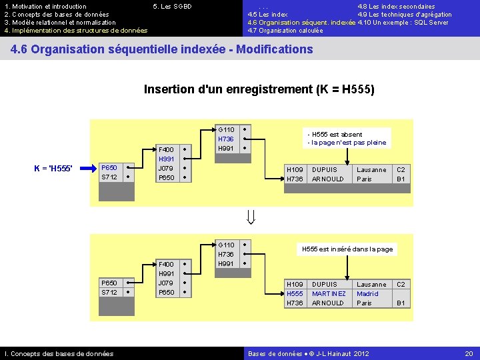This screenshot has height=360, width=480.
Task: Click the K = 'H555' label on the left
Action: pyautogui.click(x=53, y=167)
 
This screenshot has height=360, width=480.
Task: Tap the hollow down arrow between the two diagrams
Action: pyautogui.click(x=251, y=217)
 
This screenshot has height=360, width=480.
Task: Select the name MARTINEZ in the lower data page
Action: pyautogui.click(x=329, y=294)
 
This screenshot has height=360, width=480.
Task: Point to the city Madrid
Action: pyautogui.click(x=367, y=294)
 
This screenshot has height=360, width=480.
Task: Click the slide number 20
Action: pyautogui.click(x=468, y=353)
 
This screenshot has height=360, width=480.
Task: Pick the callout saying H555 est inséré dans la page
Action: pyautogui.click(x=347, y=249)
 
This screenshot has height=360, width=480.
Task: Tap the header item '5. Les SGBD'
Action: pyautogui.click(x=172, y=7)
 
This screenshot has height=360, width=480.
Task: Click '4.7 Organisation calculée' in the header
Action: pyautogui.click(x=285, y=31)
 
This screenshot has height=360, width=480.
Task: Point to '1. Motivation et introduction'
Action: pyautogui.click(x=45, y=7)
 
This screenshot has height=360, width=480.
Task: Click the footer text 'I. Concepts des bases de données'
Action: pyautogui.click(x=59, y=353)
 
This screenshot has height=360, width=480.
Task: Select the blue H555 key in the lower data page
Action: pyautogui.click(x=295, y=294)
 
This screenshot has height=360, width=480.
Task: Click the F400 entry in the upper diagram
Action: pyautogui.click(x=166, y=150)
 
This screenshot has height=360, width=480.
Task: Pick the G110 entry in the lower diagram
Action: pyautogui.click(x=227, y=245)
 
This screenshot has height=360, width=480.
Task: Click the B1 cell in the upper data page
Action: pyautogui.click(x=401, y=179)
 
